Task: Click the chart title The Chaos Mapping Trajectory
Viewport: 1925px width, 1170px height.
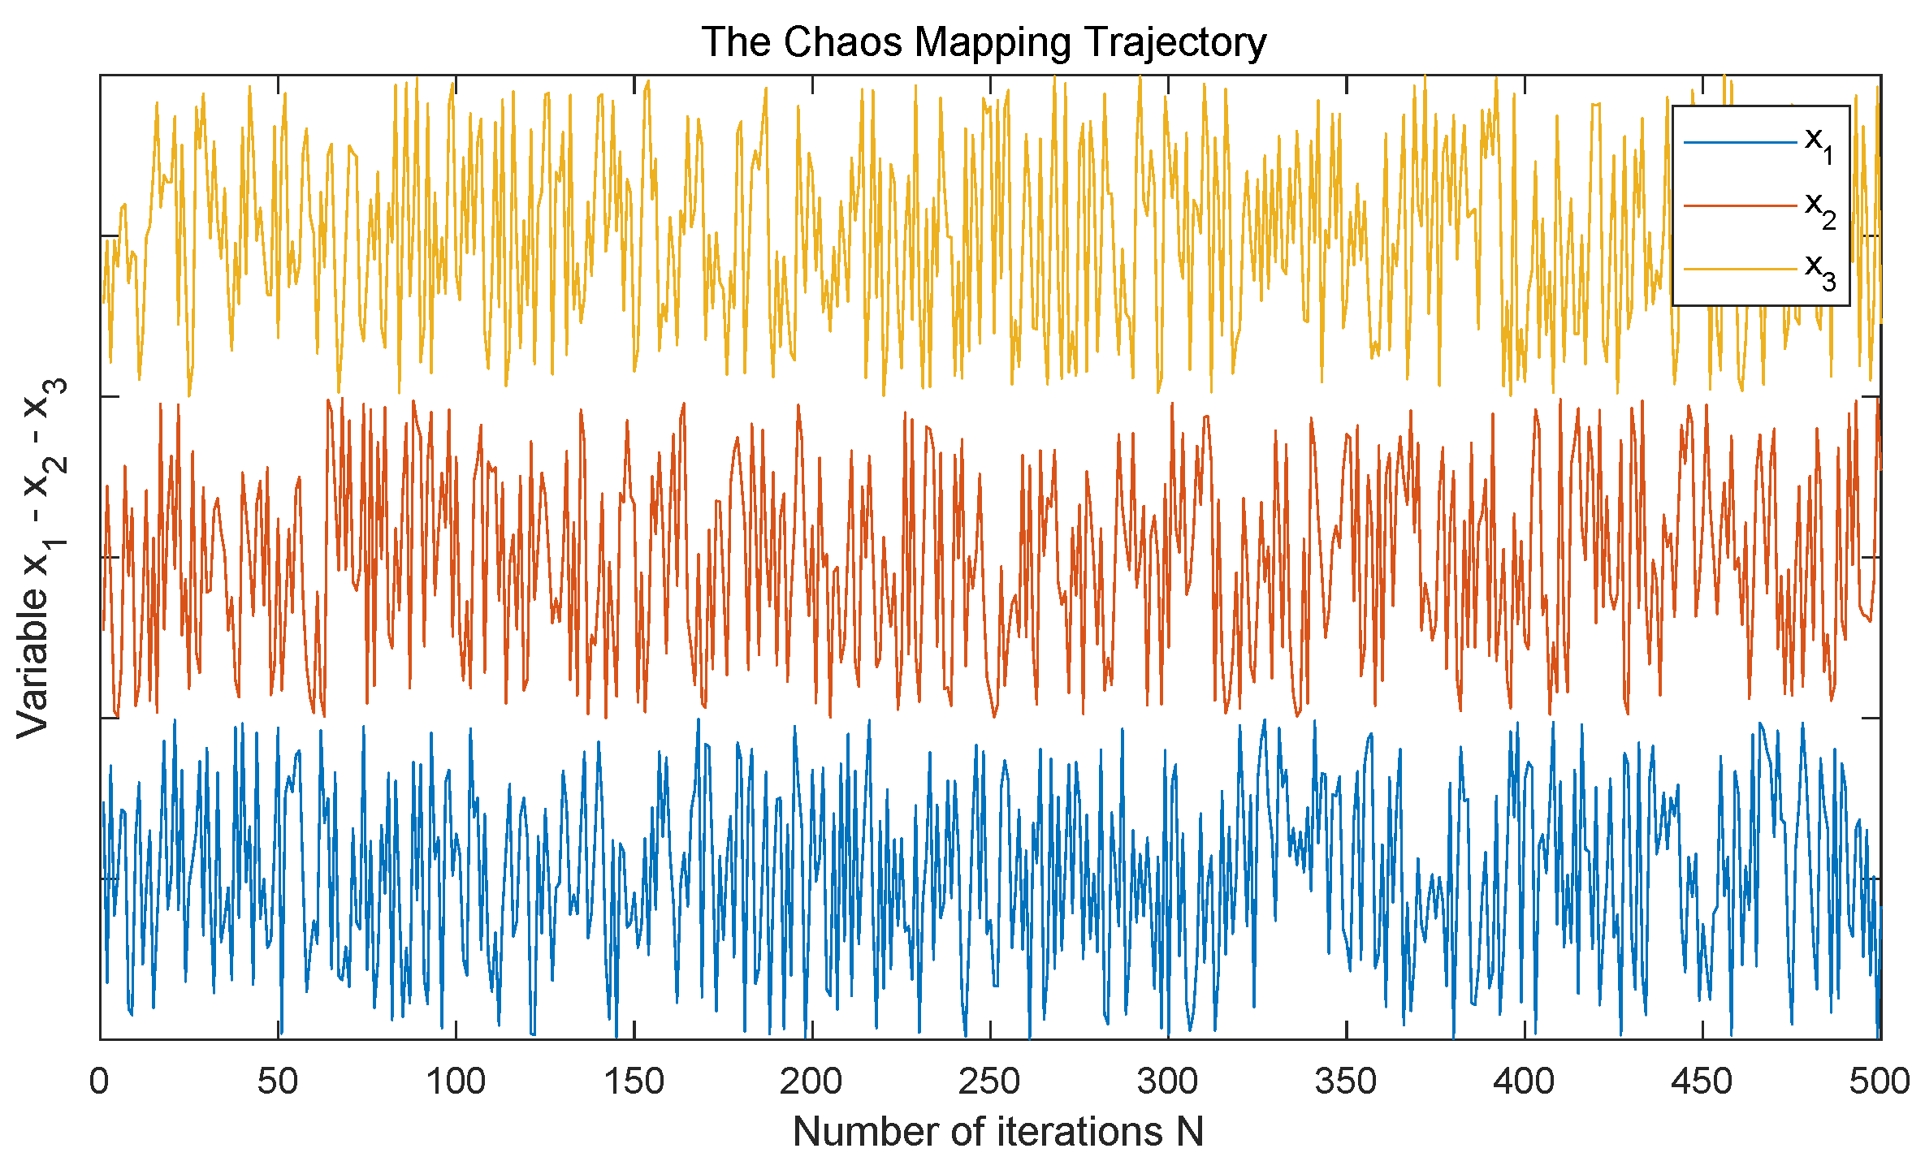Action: click(984, 42)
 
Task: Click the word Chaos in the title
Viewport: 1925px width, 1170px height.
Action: click(843, 42)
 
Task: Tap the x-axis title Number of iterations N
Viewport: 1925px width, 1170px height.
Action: click(997, 1131)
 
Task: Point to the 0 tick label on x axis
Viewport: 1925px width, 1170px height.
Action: click(99, 1081)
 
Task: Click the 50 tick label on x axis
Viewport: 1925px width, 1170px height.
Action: click(278, 1081)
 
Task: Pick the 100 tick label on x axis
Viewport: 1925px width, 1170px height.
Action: click(456, 1081)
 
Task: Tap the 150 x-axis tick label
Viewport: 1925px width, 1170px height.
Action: click(634, 1081)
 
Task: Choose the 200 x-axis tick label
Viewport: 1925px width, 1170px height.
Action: click(811, 1081)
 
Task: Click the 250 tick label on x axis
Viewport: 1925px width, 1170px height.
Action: click(989, 1081)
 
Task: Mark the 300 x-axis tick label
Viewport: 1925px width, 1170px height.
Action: click(1167, 1081)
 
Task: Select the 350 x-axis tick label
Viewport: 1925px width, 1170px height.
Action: click(1346, 1081)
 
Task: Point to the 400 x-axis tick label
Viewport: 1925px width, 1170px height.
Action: click(1524, 1081)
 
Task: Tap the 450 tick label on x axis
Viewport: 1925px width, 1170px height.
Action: click(1702, 1081)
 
